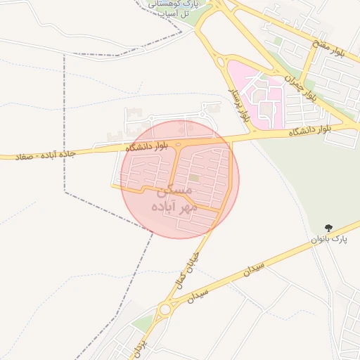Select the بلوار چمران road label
(x=303, y=88)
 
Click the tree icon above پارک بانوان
(x=329, y=227)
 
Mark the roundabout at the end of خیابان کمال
(x=166, y=309)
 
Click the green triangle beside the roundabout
(x=144, y=324)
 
